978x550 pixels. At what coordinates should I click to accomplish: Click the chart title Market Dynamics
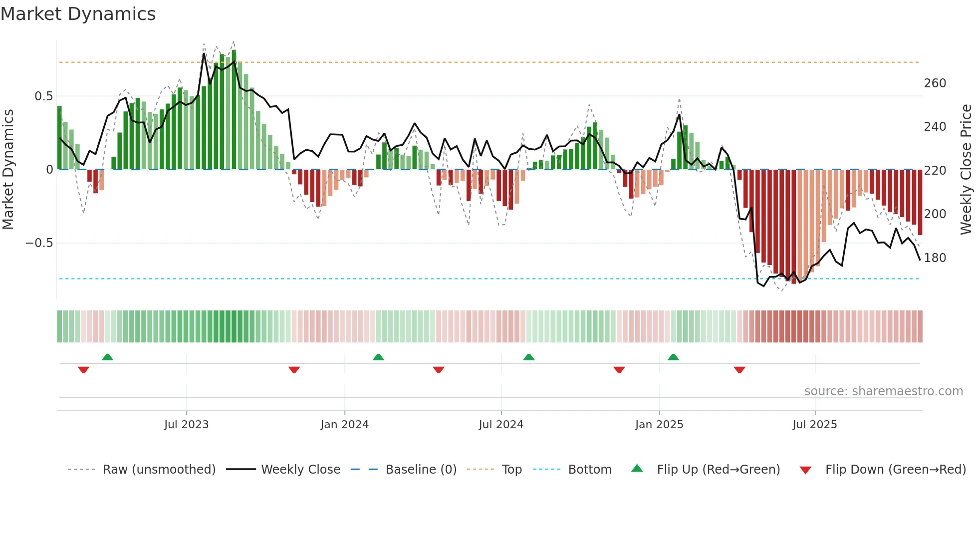click(x=78, y=14)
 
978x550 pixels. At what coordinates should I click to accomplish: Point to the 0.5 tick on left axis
click(x=43, y=96)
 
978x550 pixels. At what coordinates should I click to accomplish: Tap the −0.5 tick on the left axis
click(x=39, y=243)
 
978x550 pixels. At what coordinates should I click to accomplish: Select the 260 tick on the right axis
click(x=935, y=83)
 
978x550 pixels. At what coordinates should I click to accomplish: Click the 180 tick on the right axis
click(x=935, y=258)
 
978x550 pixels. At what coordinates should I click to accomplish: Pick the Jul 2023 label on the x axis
click(x=186, y=425)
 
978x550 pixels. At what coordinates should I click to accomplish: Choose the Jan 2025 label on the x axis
click(x=659, y=425)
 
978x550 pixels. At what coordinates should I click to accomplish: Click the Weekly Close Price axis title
click(x=966, y=170)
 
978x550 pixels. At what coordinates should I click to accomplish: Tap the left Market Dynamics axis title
click(x=8, y=170)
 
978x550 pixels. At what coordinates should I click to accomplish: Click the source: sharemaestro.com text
click(x=883, y=391)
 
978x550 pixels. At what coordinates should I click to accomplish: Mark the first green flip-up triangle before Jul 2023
click(x=107, y=357)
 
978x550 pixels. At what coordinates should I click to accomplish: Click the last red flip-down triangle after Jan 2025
click(x=739, y=370)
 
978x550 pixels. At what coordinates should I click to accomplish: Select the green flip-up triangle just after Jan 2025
click(x=673, y=357)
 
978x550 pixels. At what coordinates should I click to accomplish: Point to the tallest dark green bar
click(x=234, y=110)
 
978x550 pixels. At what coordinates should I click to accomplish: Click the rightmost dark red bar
click(x=920, y=202)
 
